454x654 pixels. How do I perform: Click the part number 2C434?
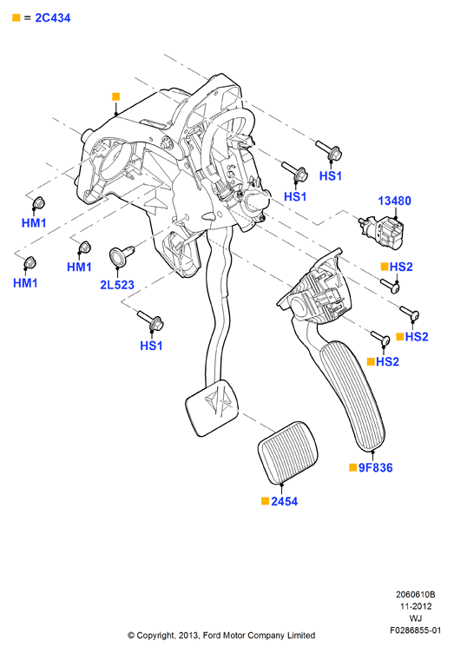point(53,18)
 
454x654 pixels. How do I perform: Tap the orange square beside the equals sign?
point(16,17)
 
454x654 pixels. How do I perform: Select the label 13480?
point(394,201)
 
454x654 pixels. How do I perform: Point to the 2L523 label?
point(117,285)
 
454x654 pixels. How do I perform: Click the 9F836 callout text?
point(376,467)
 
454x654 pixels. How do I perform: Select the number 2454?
point(285,501)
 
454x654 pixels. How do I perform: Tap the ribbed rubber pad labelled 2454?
point(287,453)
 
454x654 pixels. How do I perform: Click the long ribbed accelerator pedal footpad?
point(352,395)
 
